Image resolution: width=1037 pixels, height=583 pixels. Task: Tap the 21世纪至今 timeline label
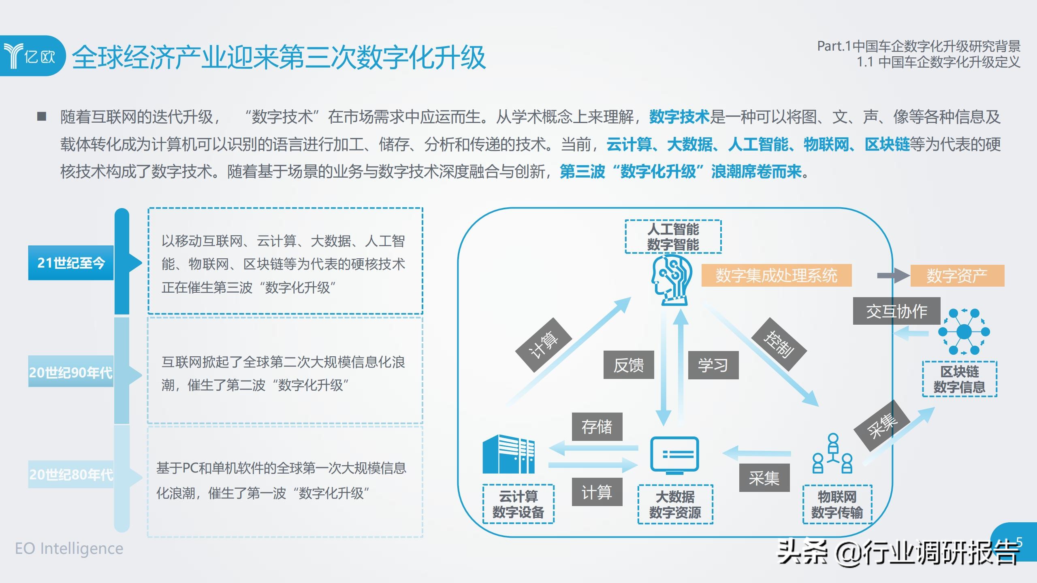pyautogui.click(x=71, y=263)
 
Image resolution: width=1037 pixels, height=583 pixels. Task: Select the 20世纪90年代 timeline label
pyautogui.click(x=71, y=372)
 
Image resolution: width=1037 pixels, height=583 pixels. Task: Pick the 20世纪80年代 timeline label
pyautogui.click(x=71, y=474)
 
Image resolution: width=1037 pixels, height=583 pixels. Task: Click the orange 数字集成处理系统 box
pyautogui.click(x=777, y=276)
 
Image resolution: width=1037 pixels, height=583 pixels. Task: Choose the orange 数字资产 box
pyautogui.click(x=957, y=276)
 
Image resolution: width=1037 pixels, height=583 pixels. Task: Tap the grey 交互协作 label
pyautogui.click(x=896, y=311)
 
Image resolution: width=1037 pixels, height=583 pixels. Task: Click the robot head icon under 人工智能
pyautogui.click(x=670, y=280)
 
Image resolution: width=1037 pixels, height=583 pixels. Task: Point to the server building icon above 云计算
pyautogui.click(x=508, y=454)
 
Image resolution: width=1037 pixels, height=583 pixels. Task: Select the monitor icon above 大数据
pyautogui.click(x=674, y=455)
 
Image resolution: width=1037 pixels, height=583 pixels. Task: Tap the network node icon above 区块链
pyautogui.click(x=964, y=332)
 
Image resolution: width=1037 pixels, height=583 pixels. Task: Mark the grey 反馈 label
pyautogui.click(x=629, y=365)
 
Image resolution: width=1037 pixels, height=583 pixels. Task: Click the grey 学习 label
pyautogui.click(x=713, y=365)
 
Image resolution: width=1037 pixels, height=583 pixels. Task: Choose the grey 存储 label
pyautogui.click(x=597, y=427)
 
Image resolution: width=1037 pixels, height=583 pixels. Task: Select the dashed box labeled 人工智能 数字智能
pyautogui.click(x=673, y=237)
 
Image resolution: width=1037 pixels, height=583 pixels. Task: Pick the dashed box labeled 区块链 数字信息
pyautogui.click(x=960, y=379)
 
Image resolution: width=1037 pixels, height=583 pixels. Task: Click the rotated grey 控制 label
pyautogui.click(x=779, y=344)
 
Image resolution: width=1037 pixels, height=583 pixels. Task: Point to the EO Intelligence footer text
pyautogui.click(x=69, y=549)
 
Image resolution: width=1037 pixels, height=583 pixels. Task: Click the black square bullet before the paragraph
pyautogui.click(x=42, y=117)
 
